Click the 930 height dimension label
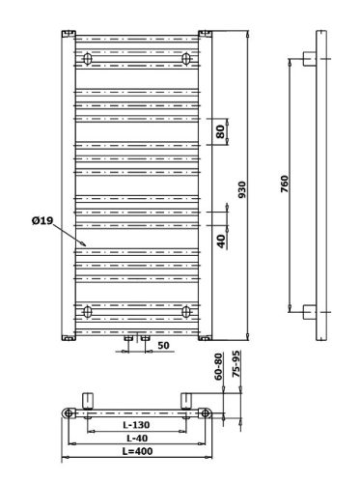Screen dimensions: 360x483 tap(242, 190)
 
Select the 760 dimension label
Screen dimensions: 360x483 tap(285, 185)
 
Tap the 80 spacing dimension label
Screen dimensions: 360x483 tap(220, 131)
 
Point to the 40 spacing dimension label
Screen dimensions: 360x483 tap(221, 241)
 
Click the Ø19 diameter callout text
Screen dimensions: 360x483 tap(42, 220)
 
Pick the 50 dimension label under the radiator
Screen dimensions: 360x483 tap(163, 346)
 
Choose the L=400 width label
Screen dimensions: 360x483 tap(137, 451)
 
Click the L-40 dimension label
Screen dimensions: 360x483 tap(137, 438)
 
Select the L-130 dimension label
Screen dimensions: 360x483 tap(136, 425)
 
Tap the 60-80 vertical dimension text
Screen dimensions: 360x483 tap(218, 367)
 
